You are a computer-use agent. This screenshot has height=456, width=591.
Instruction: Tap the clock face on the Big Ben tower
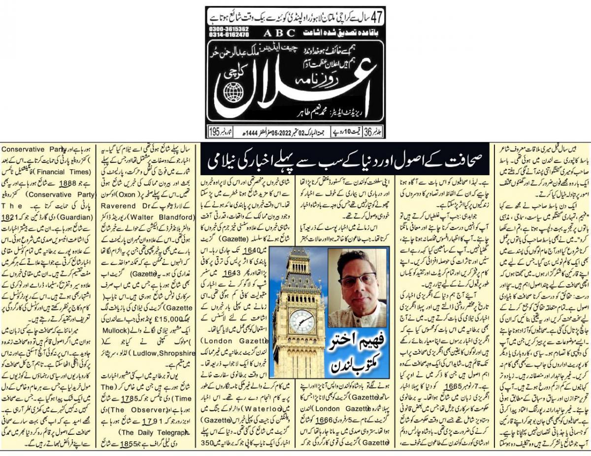(301, 321)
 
